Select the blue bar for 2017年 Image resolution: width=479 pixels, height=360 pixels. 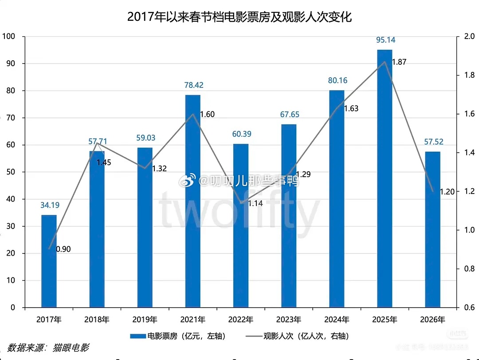pyautogui.click(x=49, y=262)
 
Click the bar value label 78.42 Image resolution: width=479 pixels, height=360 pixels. pyautogui.click(x=193, y=85)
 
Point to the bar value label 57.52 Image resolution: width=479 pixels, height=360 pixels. pyautogui.click(x=432, y=142)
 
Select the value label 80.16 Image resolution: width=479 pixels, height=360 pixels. pyautogui.click(x=337, y=81)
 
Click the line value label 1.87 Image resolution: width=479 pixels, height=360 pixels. pyautogui.click(x=399, y=62)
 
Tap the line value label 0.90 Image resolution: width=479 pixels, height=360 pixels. pyautogui.click(x=63, y=249)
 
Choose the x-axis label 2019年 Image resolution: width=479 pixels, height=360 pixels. pyautogui.click(x=145, y=320)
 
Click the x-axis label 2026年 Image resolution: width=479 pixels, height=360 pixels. pyautogui.click(x=432, y=320)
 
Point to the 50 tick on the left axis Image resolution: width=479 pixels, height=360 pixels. pyautogui.click(x=10, y=172)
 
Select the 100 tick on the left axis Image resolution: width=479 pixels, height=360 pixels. pyautogui.click(x=8, y=36)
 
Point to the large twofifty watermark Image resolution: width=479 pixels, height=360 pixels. pyautogui.click(x=239, y=211)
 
